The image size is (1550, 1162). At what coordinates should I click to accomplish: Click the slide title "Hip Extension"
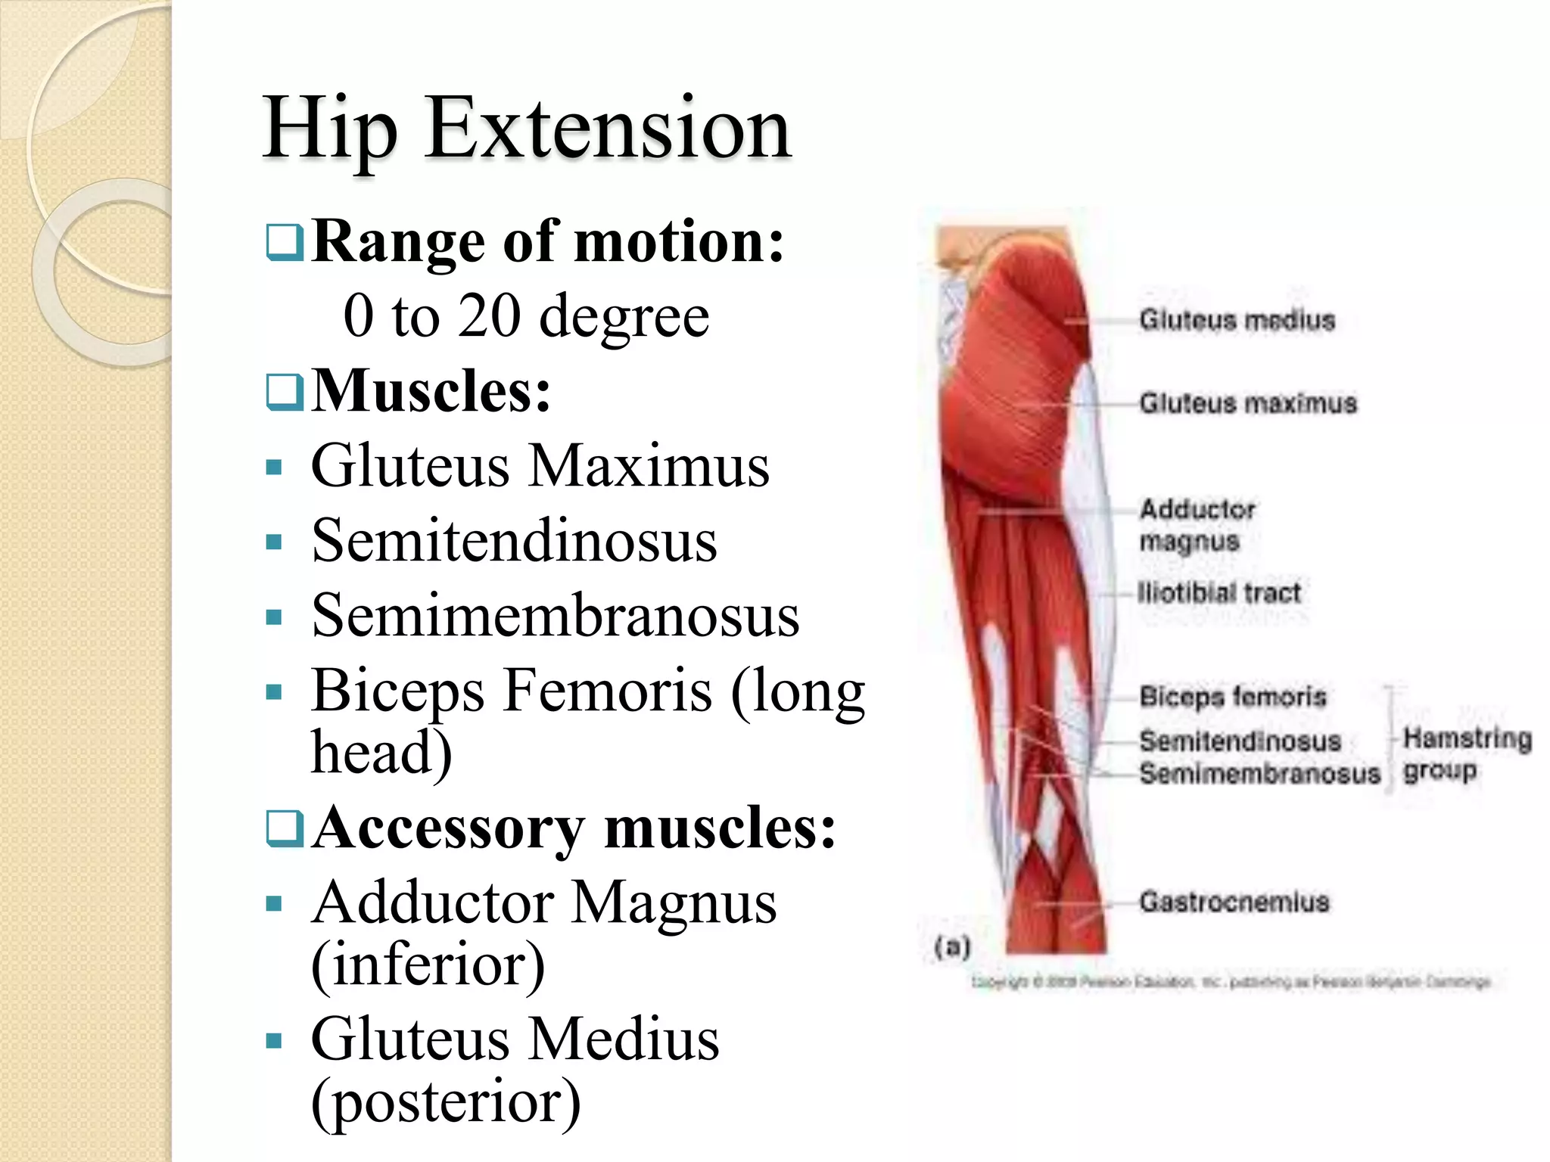point(527,129)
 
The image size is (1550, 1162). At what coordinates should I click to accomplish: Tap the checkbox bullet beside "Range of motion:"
point(285,242)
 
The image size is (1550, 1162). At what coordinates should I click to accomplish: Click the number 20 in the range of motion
point(489,315)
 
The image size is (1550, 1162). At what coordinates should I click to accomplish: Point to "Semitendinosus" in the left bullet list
point(514,541)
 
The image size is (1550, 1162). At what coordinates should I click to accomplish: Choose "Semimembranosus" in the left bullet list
point(555,616)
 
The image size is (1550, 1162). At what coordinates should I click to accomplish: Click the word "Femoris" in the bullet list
point(607,690)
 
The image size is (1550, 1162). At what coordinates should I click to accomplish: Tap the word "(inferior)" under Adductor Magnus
point(428,965)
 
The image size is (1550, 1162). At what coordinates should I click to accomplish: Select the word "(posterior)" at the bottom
point(446,1101)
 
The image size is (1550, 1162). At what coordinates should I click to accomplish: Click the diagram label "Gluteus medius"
point(1237,321)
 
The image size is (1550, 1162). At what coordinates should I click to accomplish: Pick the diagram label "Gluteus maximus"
point(1248,403)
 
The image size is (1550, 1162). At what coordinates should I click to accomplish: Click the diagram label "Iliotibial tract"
point(1219,592)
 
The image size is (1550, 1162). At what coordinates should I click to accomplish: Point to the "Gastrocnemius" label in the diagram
point(1234,902)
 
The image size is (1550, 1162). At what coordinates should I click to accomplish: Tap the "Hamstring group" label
point(1466,754)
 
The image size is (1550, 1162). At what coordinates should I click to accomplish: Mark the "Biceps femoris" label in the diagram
point(1232,696)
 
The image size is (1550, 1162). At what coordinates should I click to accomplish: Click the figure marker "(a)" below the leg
point(952,946)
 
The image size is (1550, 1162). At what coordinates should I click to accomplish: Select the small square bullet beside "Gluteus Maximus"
point(274,467)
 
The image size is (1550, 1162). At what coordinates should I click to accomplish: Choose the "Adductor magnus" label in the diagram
point(1197,525)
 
